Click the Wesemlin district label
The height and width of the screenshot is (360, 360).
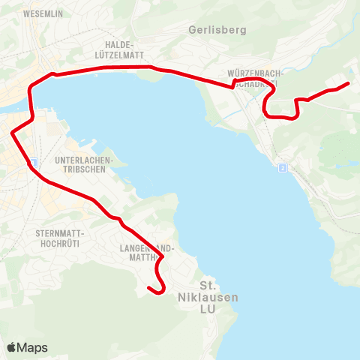pyautogui.click(x=42, y=14)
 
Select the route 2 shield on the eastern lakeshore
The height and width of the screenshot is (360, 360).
pyautogui.click(x=282, y=168)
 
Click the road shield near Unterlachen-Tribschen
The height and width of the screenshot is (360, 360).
pyautogui.click(x=32, y=162)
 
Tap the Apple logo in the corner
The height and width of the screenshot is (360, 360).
pyautogui.click(x=13, y=347)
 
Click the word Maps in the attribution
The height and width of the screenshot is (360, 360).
pyautogui.click(x=33, y=347)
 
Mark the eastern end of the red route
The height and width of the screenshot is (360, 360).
pyautogui.click(x=349, y=83)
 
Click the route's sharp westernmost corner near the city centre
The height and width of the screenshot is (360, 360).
pyautogui.click(x=13, y=133)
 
